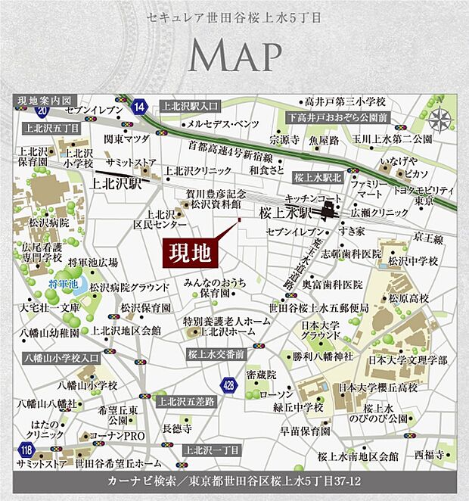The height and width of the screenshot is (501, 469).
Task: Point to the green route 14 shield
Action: (138, 106)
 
